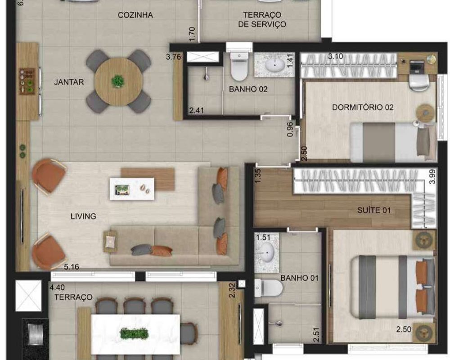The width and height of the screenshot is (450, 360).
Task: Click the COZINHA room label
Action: point(135,15)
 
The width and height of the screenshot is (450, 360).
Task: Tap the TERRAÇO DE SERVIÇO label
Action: point(262,19)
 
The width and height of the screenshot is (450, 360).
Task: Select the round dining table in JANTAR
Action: point(118,81)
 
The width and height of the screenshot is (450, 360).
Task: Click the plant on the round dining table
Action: point(117,81)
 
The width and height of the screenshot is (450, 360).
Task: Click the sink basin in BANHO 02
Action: point(274,65)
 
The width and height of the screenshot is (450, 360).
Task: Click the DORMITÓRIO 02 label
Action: point(363,108)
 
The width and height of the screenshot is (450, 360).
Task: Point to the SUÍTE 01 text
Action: point(374,211)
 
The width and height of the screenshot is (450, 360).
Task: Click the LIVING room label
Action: point(83,216)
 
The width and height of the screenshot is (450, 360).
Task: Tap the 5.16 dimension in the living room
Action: point(72,267)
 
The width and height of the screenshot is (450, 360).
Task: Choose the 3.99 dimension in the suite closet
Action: point(432,176)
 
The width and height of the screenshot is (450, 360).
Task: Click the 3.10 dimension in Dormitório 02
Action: point(336,56)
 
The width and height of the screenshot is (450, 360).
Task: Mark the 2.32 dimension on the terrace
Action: point(233,291)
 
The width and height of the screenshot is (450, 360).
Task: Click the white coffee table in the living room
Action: point(132,189)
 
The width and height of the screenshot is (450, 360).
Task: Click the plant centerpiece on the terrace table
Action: point(134,334)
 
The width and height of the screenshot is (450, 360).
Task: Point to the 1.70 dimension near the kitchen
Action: point(192,34)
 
